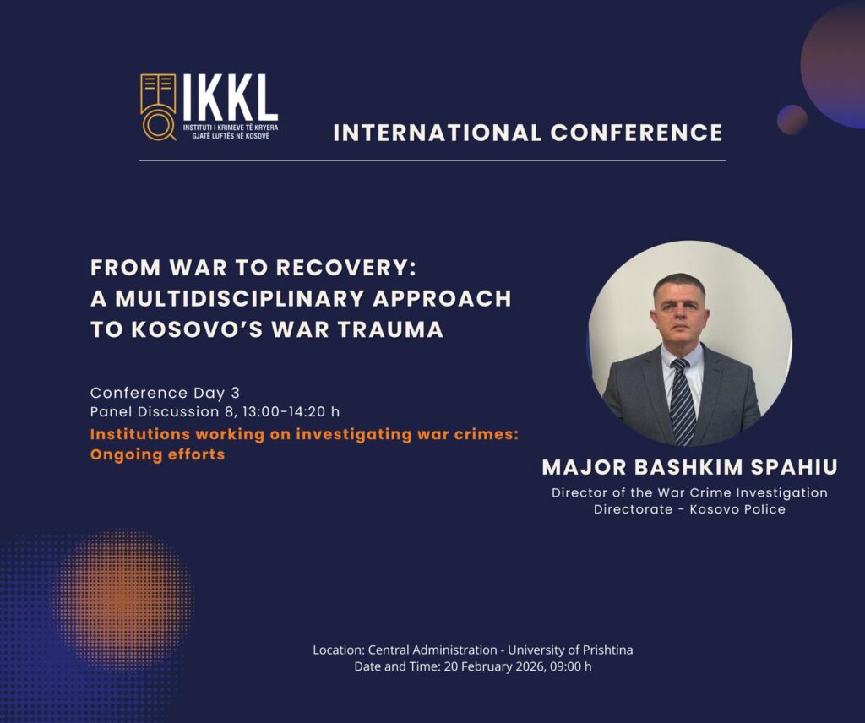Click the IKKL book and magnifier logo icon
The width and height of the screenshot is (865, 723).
(158, 107)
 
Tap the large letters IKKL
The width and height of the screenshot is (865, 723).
(230, 97)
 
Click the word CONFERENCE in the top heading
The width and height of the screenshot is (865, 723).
(637, 133)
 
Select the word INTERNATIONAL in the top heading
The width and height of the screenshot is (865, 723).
(438, 133)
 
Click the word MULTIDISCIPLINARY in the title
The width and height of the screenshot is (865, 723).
(239, 298)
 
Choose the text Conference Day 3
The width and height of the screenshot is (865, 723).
(165, 393)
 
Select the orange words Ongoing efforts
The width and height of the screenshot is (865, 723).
(158, 454)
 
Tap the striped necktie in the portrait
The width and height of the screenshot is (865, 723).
(682, 401)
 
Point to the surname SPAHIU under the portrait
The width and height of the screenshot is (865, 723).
(795, 467)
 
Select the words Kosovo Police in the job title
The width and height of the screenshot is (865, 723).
(737, 509)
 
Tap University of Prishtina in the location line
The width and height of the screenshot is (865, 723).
(570, 650)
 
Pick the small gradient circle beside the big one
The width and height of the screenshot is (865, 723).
(792, 120)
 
